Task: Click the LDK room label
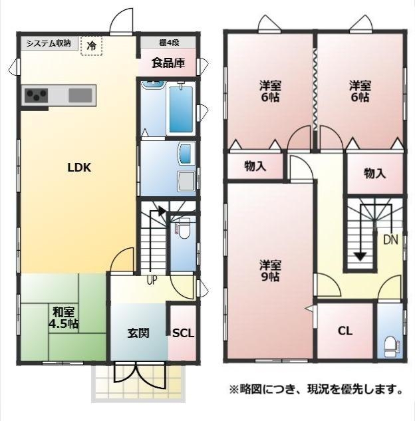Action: pyautogui.click(x=79, y=168)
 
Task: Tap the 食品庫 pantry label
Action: pyautogui.click(x=168, y=63)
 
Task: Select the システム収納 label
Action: pyautogui.click(x=49, y=43)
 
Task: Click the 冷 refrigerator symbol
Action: pyautogui.click(x=91, y=46)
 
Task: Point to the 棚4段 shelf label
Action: pyautogui.click(x=169, y=43)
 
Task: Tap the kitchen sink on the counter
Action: pyautogui.click(x=80, y=95)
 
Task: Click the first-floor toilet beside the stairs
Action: pyautogui.click(x=184, y=229)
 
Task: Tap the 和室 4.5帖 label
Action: pyautogui.click(x=63, y=318)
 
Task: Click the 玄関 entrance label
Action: pyautogui.click(x=138, y=333)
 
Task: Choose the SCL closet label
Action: pyautogui.click(x=183, y=333)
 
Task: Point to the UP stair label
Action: pyautogui.click(x=152, y=280)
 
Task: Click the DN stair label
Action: pyautogui.click(x=390, y=240)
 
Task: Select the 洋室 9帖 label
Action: pyautogui.click(x=270, y=271)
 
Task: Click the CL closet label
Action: pyautogui.click(x=345, y=331)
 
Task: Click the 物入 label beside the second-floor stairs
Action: pyautogui.click(x=374, y=174)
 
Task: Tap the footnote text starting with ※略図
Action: pyautogui.click(x=316, y=389)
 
